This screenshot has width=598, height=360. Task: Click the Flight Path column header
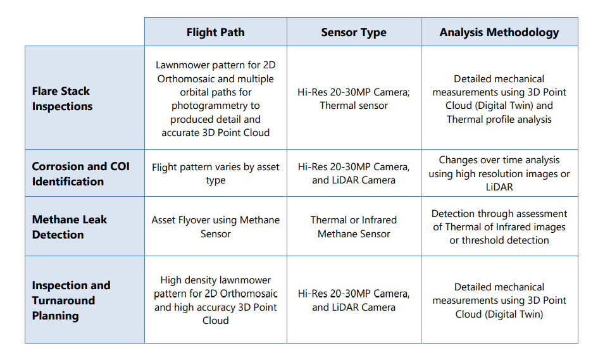point(216,32)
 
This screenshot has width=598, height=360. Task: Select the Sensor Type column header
point(354,32)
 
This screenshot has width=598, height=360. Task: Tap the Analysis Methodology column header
point(499,32)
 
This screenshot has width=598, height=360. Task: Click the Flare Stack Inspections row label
point(62,99)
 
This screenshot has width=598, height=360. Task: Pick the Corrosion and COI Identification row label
point(80,174)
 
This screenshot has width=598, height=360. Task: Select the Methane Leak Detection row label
point(70,227)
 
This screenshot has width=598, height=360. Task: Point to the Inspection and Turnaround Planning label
point(71,301)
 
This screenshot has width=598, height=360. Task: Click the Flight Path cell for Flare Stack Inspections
point(216,99)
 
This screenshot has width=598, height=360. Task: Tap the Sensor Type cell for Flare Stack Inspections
point(354,99)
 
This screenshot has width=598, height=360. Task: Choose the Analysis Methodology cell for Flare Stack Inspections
point(499,99)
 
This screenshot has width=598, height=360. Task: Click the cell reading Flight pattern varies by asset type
point(216,173)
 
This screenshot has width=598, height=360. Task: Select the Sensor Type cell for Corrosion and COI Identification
point(354,173)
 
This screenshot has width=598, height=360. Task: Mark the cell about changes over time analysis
point(499,173)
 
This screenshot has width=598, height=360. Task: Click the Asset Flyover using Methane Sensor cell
point(216,227)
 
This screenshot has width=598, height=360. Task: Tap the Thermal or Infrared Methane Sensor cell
point(354,227)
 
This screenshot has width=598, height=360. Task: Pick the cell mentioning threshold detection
point(499,227)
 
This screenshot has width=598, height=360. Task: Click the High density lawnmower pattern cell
point(216,300)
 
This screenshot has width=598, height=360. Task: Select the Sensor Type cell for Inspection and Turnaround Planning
point(354,300)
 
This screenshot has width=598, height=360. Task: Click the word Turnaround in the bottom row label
point(64,301)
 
